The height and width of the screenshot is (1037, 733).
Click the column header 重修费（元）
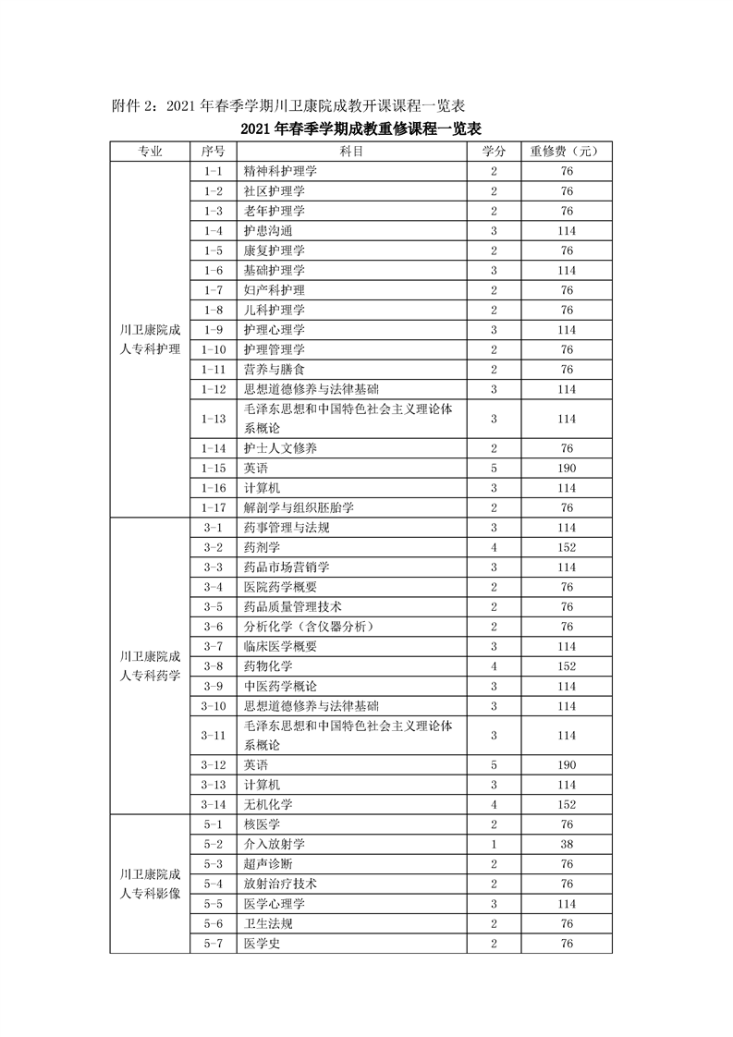click(567, 151)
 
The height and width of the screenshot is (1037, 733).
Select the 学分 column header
click(495, 151)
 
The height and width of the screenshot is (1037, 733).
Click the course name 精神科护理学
click(280, 171)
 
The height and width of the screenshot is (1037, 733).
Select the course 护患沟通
click(268, 230)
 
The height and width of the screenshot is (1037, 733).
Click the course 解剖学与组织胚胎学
click(299, 507)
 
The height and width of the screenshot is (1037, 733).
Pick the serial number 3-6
click(213, 627)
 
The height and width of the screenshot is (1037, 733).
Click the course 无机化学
click(268, 804)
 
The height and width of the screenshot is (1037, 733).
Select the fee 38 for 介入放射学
click(567, 844)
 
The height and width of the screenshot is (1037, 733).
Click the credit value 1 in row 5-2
click(495, 844)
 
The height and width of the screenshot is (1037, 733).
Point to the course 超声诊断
click(268, 864)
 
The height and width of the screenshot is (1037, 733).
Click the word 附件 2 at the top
click(135, 105)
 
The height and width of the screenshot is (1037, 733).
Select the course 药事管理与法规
click(280, 528)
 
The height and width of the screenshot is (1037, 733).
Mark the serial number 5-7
click(213, 943)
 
